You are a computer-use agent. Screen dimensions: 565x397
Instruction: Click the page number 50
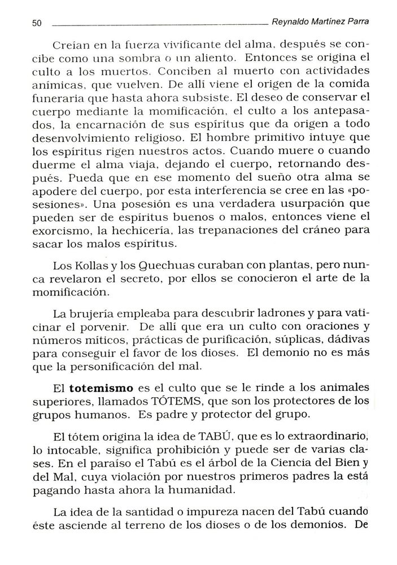[x=37, y=24]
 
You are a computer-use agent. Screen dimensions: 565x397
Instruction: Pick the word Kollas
[x=89, y=265]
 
